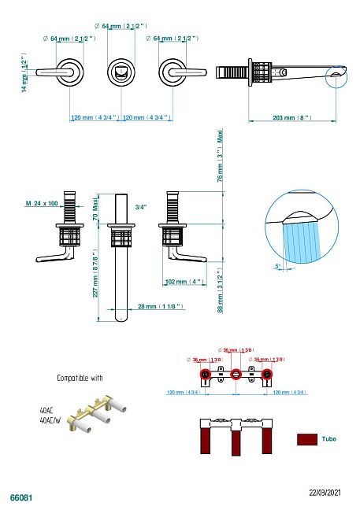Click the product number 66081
20,498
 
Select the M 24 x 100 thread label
42,203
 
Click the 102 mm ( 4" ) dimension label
184,281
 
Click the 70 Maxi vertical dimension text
95,206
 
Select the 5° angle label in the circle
278,266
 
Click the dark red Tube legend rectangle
306,438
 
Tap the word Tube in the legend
328,438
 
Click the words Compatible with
80,378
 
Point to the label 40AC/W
50,421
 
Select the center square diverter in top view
120,72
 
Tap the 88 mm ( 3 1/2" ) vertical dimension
221,290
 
